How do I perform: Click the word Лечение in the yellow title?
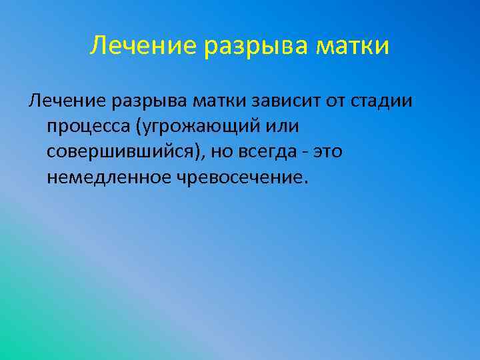coord(142,47)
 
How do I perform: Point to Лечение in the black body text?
coord(65,101)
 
